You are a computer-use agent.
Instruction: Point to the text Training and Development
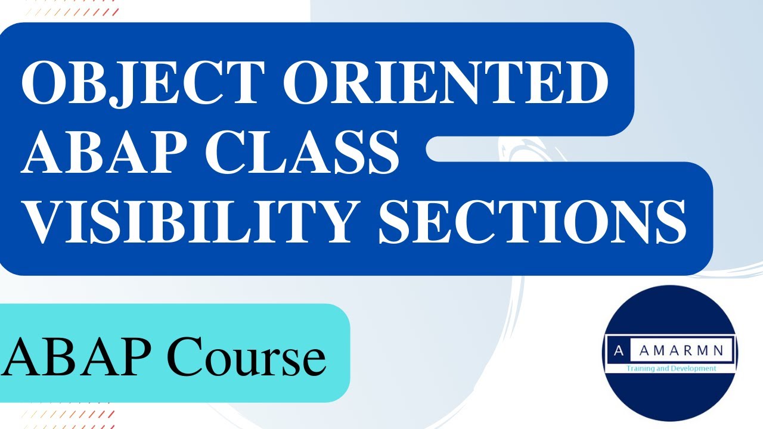[671, 369]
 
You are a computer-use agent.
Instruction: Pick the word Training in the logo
[640, 369]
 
